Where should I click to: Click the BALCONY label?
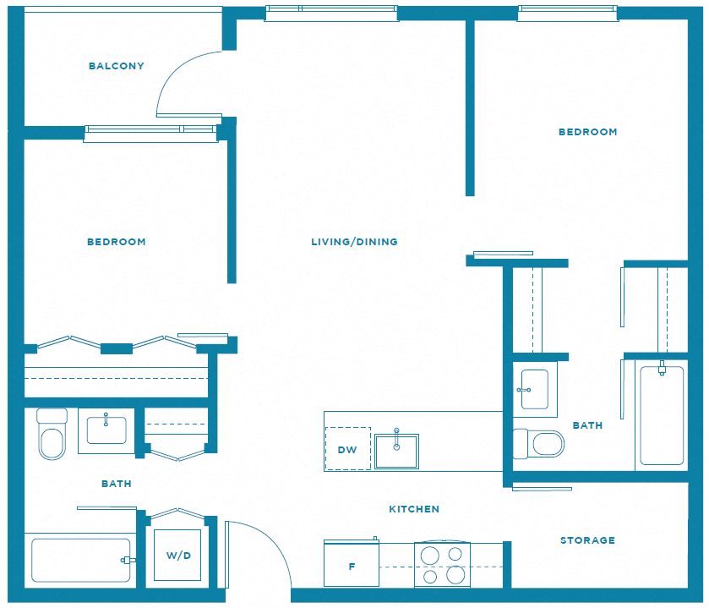(117, 66)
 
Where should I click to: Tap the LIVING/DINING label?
(355, 242)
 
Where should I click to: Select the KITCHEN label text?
(414, 509)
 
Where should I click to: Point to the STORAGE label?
(587, 540)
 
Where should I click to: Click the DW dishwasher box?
(347, 448)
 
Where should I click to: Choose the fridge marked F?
(352, 563)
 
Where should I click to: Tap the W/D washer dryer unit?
(177, 555)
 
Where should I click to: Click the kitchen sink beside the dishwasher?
(396, 451)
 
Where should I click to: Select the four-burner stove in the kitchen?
(442, 565)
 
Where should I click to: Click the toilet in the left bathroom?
(52, 435)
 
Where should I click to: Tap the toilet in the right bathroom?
(539, 443)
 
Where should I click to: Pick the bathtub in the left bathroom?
(80, 560)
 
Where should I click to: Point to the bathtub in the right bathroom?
(662, 415)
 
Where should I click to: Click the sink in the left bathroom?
(106, 430)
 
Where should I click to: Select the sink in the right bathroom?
(535, 390)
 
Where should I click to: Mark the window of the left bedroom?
(150, 133)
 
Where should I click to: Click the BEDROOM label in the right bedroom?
(588, 132)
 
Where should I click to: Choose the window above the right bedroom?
(568, 14)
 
